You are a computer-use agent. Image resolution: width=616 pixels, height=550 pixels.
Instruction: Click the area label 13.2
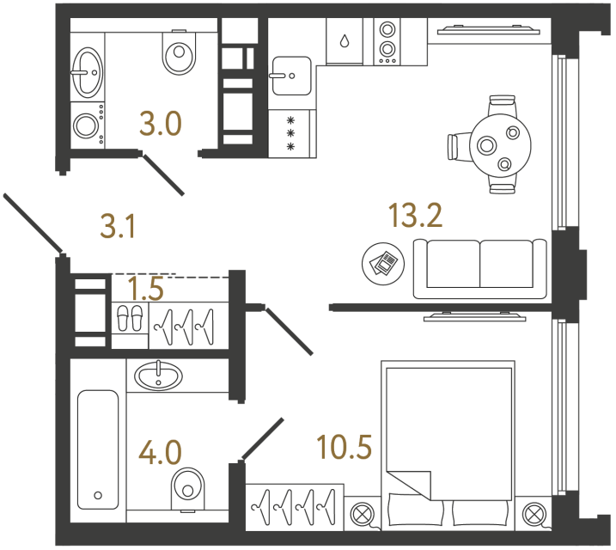415,216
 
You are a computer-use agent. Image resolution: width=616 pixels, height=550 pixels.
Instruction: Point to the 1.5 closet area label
145,288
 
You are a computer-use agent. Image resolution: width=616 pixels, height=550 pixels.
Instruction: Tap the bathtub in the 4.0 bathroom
96,449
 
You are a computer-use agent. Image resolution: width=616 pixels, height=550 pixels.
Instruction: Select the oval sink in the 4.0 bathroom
158,375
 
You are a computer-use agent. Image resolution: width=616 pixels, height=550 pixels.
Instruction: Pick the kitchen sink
291,75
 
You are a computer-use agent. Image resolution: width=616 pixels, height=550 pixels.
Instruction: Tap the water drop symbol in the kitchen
345,41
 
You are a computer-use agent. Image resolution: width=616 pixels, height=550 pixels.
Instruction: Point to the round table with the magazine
381,260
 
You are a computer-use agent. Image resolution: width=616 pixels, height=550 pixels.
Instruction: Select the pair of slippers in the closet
130,319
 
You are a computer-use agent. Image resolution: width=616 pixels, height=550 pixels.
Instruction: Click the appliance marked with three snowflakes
290,133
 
